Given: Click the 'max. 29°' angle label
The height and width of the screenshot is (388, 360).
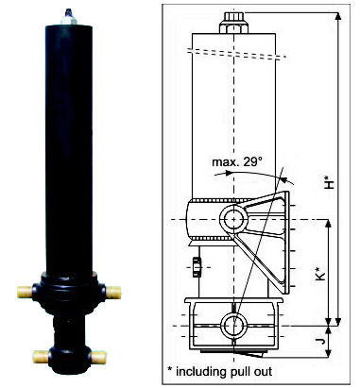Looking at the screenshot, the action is pos(237,162).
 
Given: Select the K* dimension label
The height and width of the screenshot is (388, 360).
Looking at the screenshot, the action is pos(320,274).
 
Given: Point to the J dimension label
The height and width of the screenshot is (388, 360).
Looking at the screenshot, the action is pos(321,341).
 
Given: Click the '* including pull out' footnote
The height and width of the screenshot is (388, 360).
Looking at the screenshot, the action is pos(220,371).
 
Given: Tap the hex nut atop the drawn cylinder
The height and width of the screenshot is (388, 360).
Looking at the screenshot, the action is pos(233,23).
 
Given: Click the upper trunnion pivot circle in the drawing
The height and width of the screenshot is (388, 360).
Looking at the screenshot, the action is pos(233,219).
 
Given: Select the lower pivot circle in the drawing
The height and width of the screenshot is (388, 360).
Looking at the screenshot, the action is pos(233,326).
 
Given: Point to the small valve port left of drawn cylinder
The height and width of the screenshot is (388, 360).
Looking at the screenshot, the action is pos(197,267).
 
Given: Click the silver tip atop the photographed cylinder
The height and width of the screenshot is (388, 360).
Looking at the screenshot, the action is pos(69,18).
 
